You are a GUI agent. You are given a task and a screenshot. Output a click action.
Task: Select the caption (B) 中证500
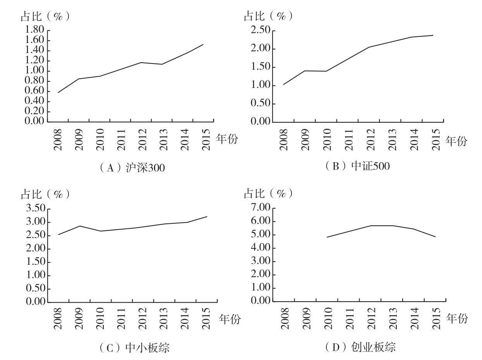(x=357, y=166)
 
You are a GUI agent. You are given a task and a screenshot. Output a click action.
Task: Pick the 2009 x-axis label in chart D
(x=307, y=318)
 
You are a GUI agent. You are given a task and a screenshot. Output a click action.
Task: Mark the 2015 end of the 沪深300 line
(x=203, y=45)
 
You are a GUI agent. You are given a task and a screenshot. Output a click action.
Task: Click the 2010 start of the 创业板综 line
(x=327, y=237)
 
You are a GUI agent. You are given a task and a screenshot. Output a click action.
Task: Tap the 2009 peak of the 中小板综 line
(x=80, y=226)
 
